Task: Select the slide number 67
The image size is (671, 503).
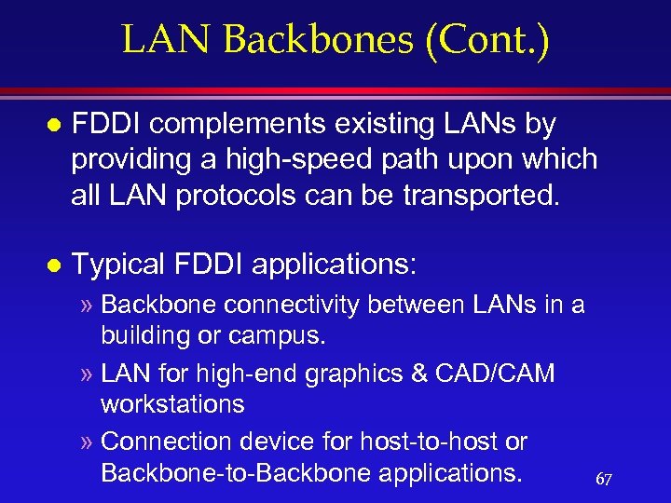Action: pos(603,479)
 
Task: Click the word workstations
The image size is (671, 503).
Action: pos(172,403)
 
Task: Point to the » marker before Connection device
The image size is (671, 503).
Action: pos(87,442)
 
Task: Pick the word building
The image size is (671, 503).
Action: pos(145,333)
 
